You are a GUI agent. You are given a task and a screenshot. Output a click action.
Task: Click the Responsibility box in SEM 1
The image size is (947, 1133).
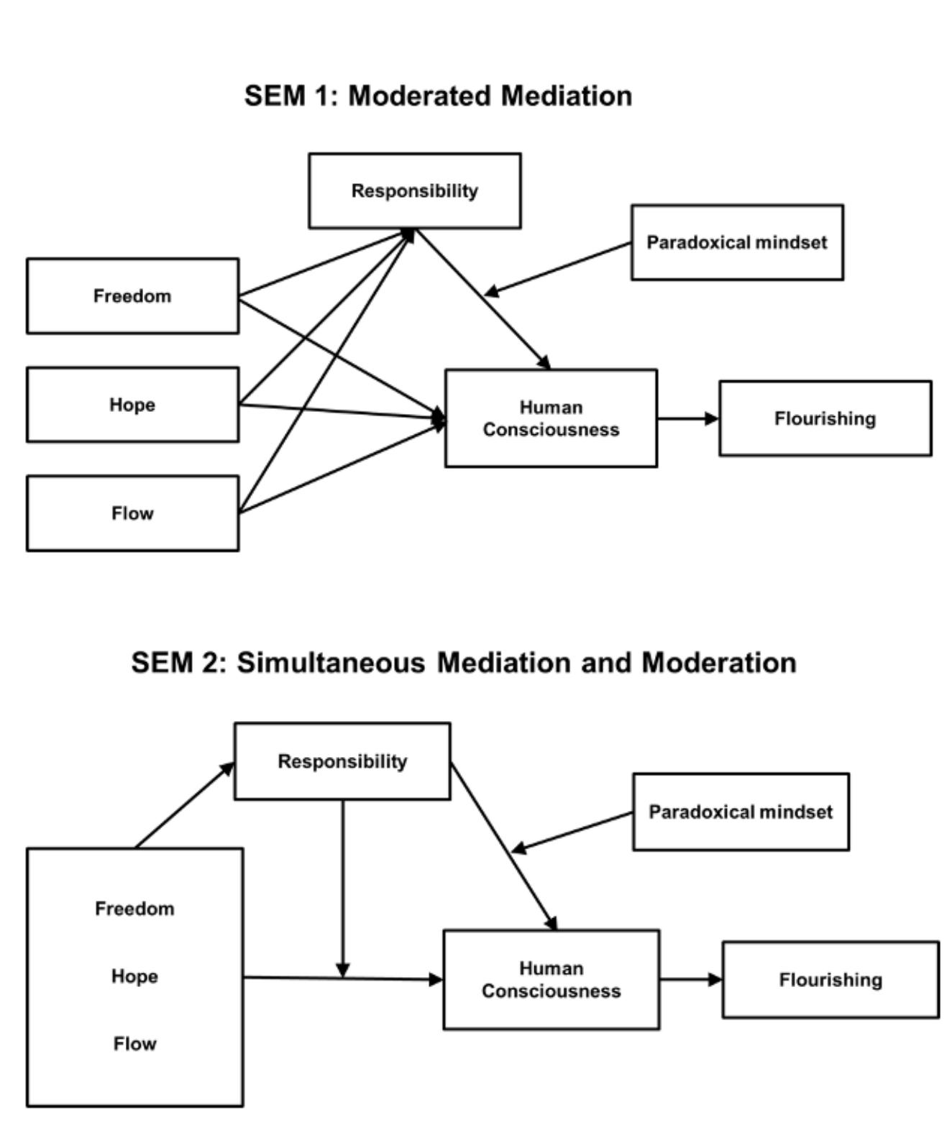pos(414,191)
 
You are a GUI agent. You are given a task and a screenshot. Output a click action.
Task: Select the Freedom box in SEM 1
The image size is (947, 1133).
pos(132,295)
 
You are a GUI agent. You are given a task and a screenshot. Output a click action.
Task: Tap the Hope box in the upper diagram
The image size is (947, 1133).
pos(132,404)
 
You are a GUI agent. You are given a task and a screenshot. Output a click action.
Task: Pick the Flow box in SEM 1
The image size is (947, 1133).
pos(132,513)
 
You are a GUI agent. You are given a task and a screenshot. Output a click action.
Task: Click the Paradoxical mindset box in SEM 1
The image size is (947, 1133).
pos(736,242)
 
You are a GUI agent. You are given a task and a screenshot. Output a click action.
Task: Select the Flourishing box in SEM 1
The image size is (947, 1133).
pos(825,418)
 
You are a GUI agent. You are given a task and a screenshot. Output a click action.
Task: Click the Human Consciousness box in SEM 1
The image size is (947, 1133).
pos(551,418)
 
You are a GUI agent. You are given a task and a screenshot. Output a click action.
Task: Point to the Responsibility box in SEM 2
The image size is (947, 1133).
pos(342,761)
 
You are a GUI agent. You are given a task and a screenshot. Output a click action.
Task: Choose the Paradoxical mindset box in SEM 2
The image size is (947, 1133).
pos(741,812)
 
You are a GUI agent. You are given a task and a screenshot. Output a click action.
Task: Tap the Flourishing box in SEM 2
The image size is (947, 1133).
pos(831,979)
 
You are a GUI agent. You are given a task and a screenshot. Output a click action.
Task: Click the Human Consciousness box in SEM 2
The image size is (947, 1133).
pos(551,979)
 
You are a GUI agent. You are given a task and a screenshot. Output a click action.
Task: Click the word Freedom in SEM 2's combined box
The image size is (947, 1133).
pos(134,909)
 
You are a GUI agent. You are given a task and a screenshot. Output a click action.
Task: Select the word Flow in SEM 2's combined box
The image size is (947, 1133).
pos(134,1043)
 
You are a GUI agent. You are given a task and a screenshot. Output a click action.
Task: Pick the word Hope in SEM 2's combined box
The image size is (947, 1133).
pos(134,976)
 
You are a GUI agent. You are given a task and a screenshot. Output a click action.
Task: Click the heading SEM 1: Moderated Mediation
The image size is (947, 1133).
pos(438,96)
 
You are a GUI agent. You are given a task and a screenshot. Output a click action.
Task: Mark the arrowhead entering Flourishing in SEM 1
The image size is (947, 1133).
pos(711,418)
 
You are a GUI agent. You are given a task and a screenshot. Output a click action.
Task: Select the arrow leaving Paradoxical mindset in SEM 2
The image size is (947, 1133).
pos(572,832)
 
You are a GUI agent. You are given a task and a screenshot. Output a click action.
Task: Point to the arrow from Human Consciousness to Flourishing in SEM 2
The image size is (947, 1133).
pos(690,979)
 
